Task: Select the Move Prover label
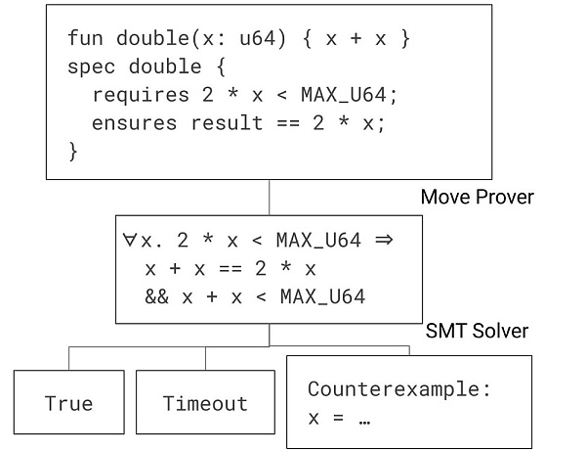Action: click(x=477, y=198)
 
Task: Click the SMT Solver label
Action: click(x=477, y=331)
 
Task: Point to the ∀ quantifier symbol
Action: click(x=129, y=240)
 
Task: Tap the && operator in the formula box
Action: click(x=155, y=294)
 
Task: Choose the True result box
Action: click(x=68, y=403)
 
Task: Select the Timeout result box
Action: click(x=205, y=403)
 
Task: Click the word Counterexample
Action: click(x=398, y=388)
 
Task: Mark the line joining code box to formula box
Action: click(x=269, y=197)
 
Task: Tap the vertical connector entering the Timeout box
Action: click(x=205, y=357)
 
